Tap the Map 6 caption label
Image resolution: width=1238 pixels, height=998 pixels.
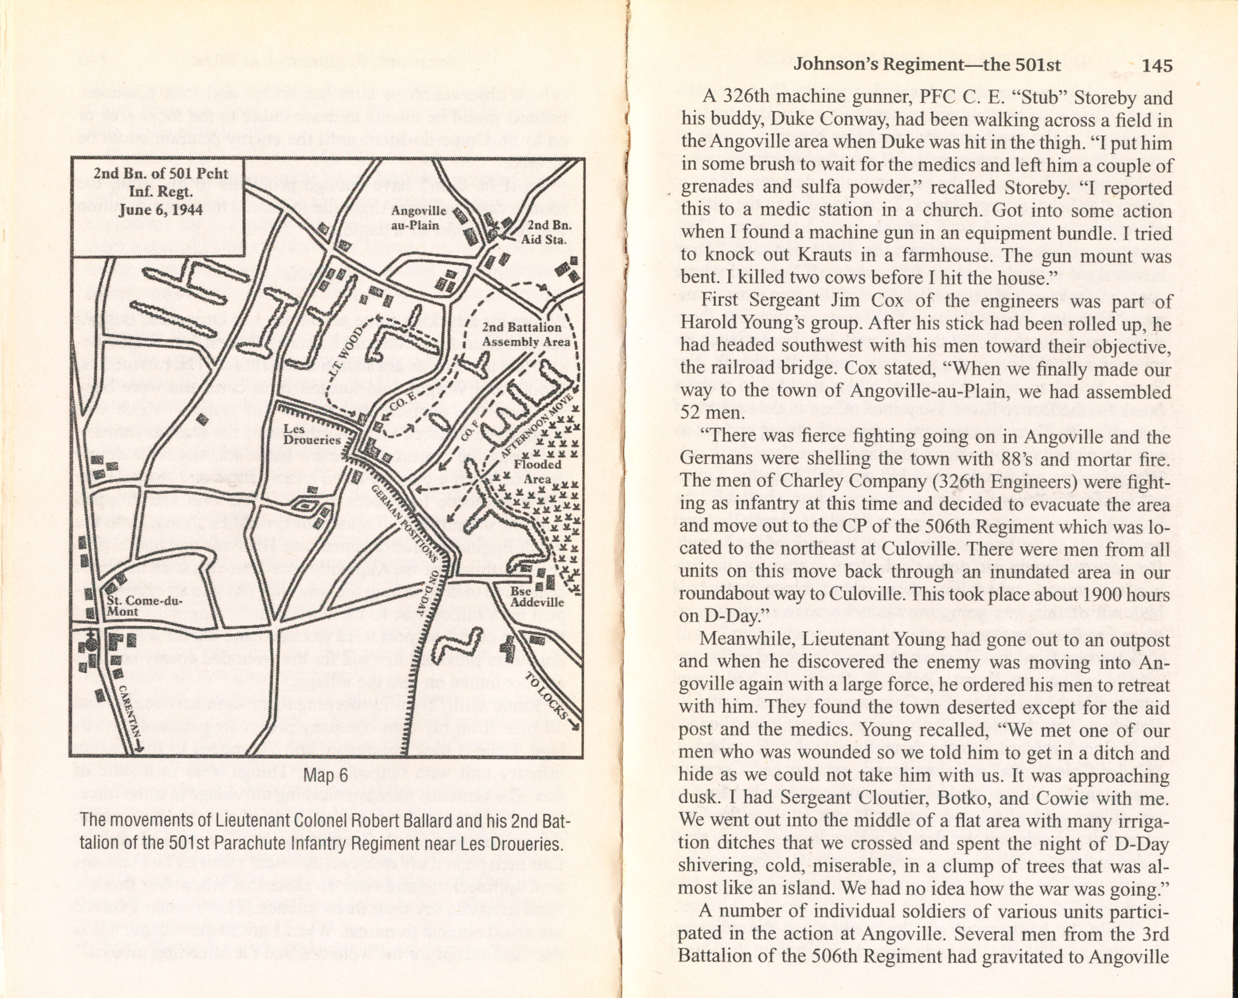click(x=325, y=775)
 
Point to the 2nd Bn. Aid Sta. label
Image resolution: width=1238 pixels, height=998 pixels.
click(x=544, y=232)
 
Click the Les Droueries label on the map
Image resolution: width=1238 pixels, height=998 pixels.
click(x=312, y=435)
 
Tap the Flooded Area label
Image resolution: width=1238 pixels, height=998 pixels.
click(x=537, y=471)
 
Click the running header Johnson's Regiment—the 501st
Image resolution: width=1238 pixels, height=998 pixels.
click(x=927, y=65)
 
